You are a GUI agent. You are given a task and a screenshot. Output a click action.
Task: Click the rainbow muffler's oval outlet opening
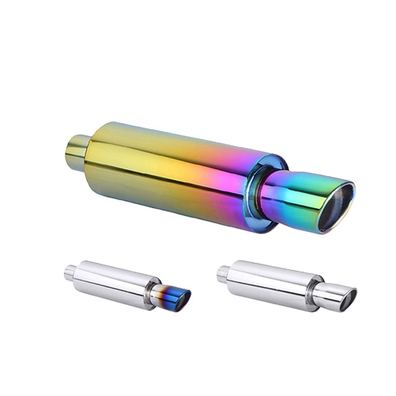tap(336, 209)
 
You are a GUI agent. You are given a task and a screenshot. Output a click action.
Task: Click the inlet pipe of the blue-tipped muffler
tap(70, 271)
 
